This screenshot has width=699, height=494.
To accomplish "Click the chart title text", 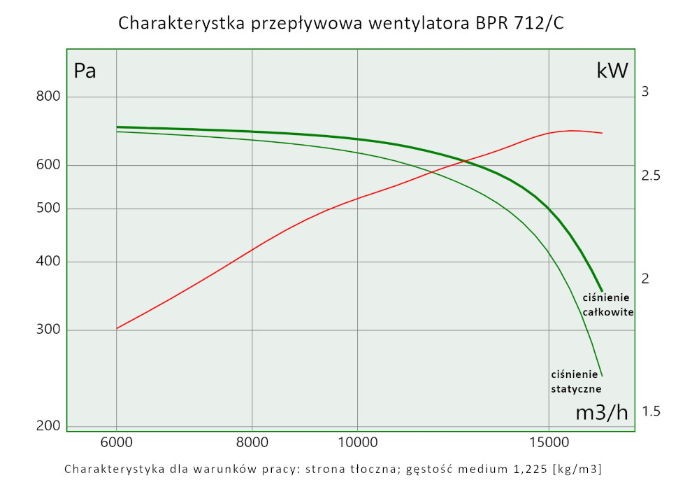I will (341, 23).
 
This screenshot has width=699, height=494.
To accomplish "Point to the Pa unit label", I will (85, 71).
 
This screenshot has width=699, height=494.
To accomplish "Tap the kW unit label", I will (612, 71).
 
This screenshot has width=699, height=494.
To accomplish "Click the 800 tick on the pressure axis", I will (49, 97).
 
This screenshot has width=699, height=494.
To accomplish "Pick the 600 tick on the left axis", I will (49, 165).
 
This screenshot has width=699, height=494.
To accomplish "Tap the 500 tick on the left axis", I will (49, 209).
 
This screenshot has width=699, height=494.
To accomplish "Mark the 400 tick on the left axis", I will (49, 262).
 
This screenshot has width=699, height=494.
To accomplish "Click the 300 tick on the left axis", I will (49, 330).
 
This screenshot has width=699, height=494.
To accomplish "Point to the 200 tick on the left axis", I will (49, 425).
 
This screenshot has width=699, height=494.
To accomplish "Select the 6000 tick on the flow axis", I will (116, 442).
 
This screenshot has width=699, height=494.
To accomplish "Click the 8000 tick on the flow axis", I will (252, 442).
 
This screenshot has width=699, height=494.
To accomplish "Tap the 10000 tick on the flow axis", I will (357, 442).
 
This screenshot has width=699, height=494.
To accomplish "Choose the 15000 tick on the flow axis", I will (548, 442).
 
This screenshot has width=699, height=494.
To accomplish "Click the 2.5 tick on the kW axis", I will (651, 176).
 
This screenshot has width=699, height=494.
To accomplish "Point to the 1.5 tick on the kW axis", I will (651, 411).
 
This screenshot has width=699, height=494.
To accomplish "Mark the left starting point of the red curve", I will (117, 328).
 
